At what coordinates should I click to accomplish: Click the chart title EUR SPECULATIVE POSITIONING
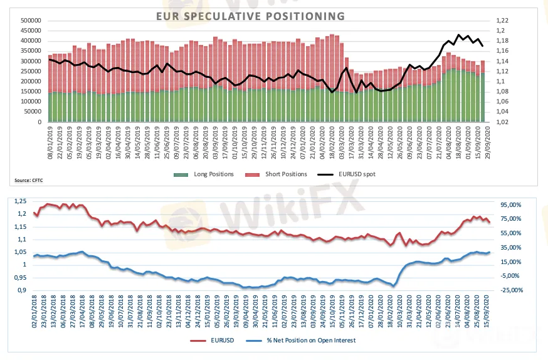pos(250,16)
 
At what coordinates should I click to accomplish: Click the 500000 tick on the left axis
pos(31,21)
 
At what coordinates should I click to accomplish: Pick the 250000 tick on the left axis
pos(31,71)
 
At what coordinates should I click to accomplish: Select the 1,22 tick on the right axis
pos(502,21)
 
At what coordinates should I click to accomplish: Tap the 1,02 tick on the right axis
pos(502,122)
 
